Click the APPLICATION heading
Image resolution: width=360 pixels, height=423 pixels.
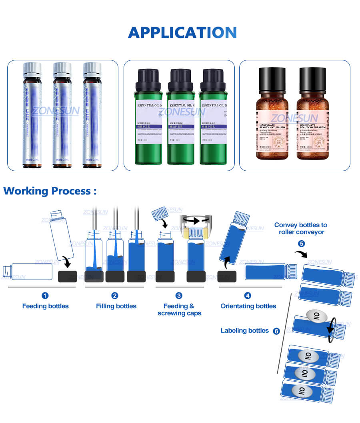click(182, 32)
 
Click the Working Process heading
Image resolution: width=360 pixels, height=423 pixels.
click(50, 191)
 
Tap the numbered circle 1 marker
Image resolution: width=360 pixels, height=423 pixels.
click(45, 295)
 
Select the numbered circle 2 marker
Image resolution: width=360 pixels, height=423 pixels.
click(115, 295)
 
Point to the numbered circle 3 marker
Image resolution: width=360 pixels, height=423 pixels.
click(179, 295)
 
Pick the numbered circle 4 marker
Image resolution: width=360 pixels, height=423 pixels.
click(248, 295)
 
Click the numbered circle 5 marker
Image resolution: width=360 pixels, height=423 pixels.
click(301, 243)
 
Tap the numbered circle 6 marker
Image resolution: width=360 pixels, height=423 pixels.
click(276, 331)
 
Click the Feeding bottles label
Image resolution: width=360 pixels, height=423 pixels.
click(45, 306)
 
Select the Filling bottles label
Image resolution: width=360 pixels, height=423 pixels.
click(116, 306)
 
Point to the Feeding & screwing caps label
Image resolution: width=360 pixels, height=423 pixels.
click(179, 310)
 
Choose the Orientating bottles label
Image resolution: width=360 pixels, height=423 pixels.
click(248, 306)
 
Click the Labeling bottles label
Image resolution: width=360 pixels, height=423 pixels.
click(244, 331)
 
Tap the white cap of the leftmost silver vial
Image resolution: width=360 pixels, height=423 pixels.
click(32, 70)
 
